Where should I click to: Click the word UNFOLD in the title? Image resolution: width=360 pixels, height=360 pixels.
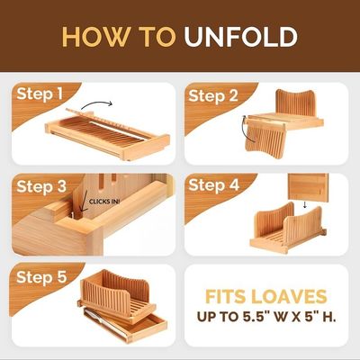point(240,37)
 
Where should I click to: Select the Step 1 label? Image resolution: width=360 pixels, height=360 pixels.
point(40,94)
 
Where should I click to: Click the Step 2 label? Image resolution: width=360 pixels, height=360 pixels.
point(213,96)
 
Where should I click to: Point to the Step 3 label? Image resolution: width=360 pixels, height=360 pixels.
point(41,186)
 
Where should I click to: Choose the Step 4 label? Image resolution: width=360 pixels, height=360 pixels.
point(213,184)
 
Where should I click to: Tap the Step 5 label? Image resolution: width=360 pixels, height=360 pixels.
point(41,277)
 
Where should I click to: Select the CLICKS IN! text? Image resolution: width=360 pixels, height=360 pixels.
point(104,202)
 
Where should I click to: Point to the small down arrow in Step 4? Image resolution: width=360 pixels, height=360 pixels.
point(305,204)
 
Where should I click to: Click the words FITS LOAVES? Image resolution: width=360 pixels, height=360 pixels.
point(265,297)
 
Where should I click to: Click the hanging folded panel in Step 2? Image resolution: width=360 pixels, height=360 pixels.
point(265,140)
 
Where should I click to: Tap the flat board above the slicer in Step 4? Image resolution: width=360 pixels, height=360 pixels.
point(308,188)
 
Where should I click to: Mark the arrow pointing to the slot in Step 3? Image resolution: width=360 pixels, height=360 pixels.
point(83,202)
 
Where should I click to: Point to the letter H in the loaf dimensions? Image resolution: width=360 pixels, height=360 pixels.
point(328,317)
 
